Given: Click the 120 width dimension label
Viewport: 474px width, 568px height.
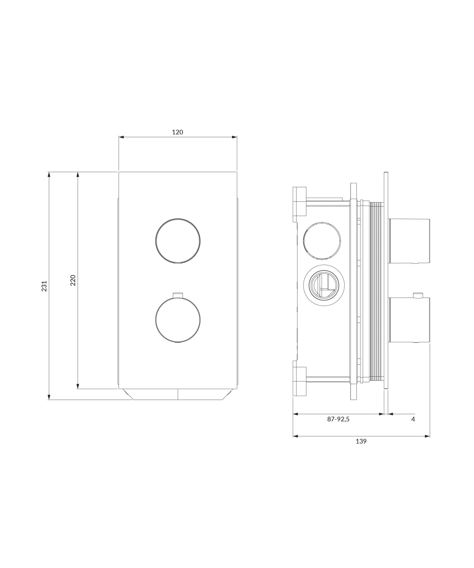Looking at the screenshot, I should click(177, 132).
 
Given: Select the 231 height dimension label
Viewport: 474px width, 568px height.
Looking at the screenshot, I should click(45, 286).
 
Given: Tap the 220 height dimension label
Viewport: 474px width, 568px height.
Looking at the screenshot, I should click(73, 280).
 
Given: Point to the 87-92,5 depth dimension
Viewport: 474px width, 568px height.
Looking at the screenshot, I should click(338, 419).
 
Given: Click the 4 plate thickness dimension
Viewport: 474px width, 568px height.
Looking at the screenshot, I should click(413, 419).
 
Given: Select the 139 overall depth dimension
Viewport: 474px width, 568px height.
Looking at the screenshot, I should click(361, 441).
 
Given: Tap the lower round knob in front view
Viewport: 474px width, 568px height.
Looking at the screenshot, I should click(178, 320).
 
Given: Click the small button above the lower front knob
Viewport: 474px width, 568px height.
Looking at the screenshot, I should click(178, 295).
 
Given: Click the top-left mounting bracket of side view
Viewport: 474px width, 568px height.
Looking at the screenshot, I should click(300, 204).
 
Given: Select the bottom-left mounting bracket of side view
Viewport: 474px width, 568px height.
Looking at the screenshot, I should click(300, 381).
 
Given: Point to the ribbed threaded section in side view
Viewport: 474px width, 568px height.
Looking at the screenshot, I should click(376, 291).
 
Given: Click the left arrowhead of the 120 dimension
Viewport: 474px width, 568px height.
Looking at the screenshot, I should click(121, 137).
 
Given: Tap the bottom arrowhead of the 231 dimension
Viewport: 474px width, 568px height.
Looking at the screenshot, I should click(49, 397).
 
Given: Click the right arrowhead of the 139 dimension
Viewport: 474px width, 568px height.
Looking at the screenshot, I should click(428, 436).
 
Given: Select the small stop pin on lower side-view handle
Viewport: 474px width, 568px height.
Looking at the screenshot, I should click(418, 295).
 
